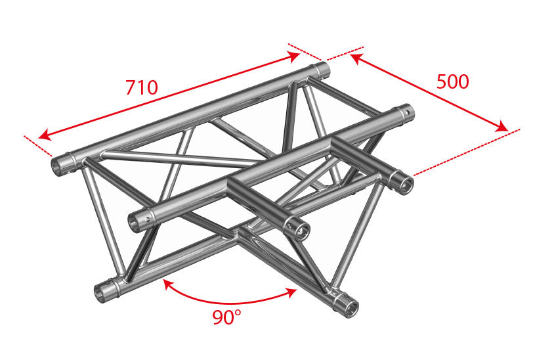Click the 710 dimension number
(x=142, y=87)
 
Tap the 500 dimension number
(x=452, y=81)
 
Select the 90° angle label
(x=226, y=317)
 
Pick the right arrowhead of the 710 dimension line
(x=293, y=56)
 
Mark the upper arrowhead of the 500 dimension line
(x=356, y=58)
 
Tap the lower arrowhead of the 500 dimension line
(x=502, y=127)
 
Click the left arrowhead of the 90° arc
(x=167, y=284)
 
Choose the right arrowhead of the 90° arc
(x=292, y=292)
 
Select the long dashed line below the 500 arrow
(x=466, y=152)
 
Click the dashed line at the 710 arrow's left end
(x=37, y=146)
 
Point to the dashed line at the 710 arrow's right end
(x=305, y=52)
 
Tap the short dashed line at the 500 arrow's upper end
(x=345, y=53)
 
